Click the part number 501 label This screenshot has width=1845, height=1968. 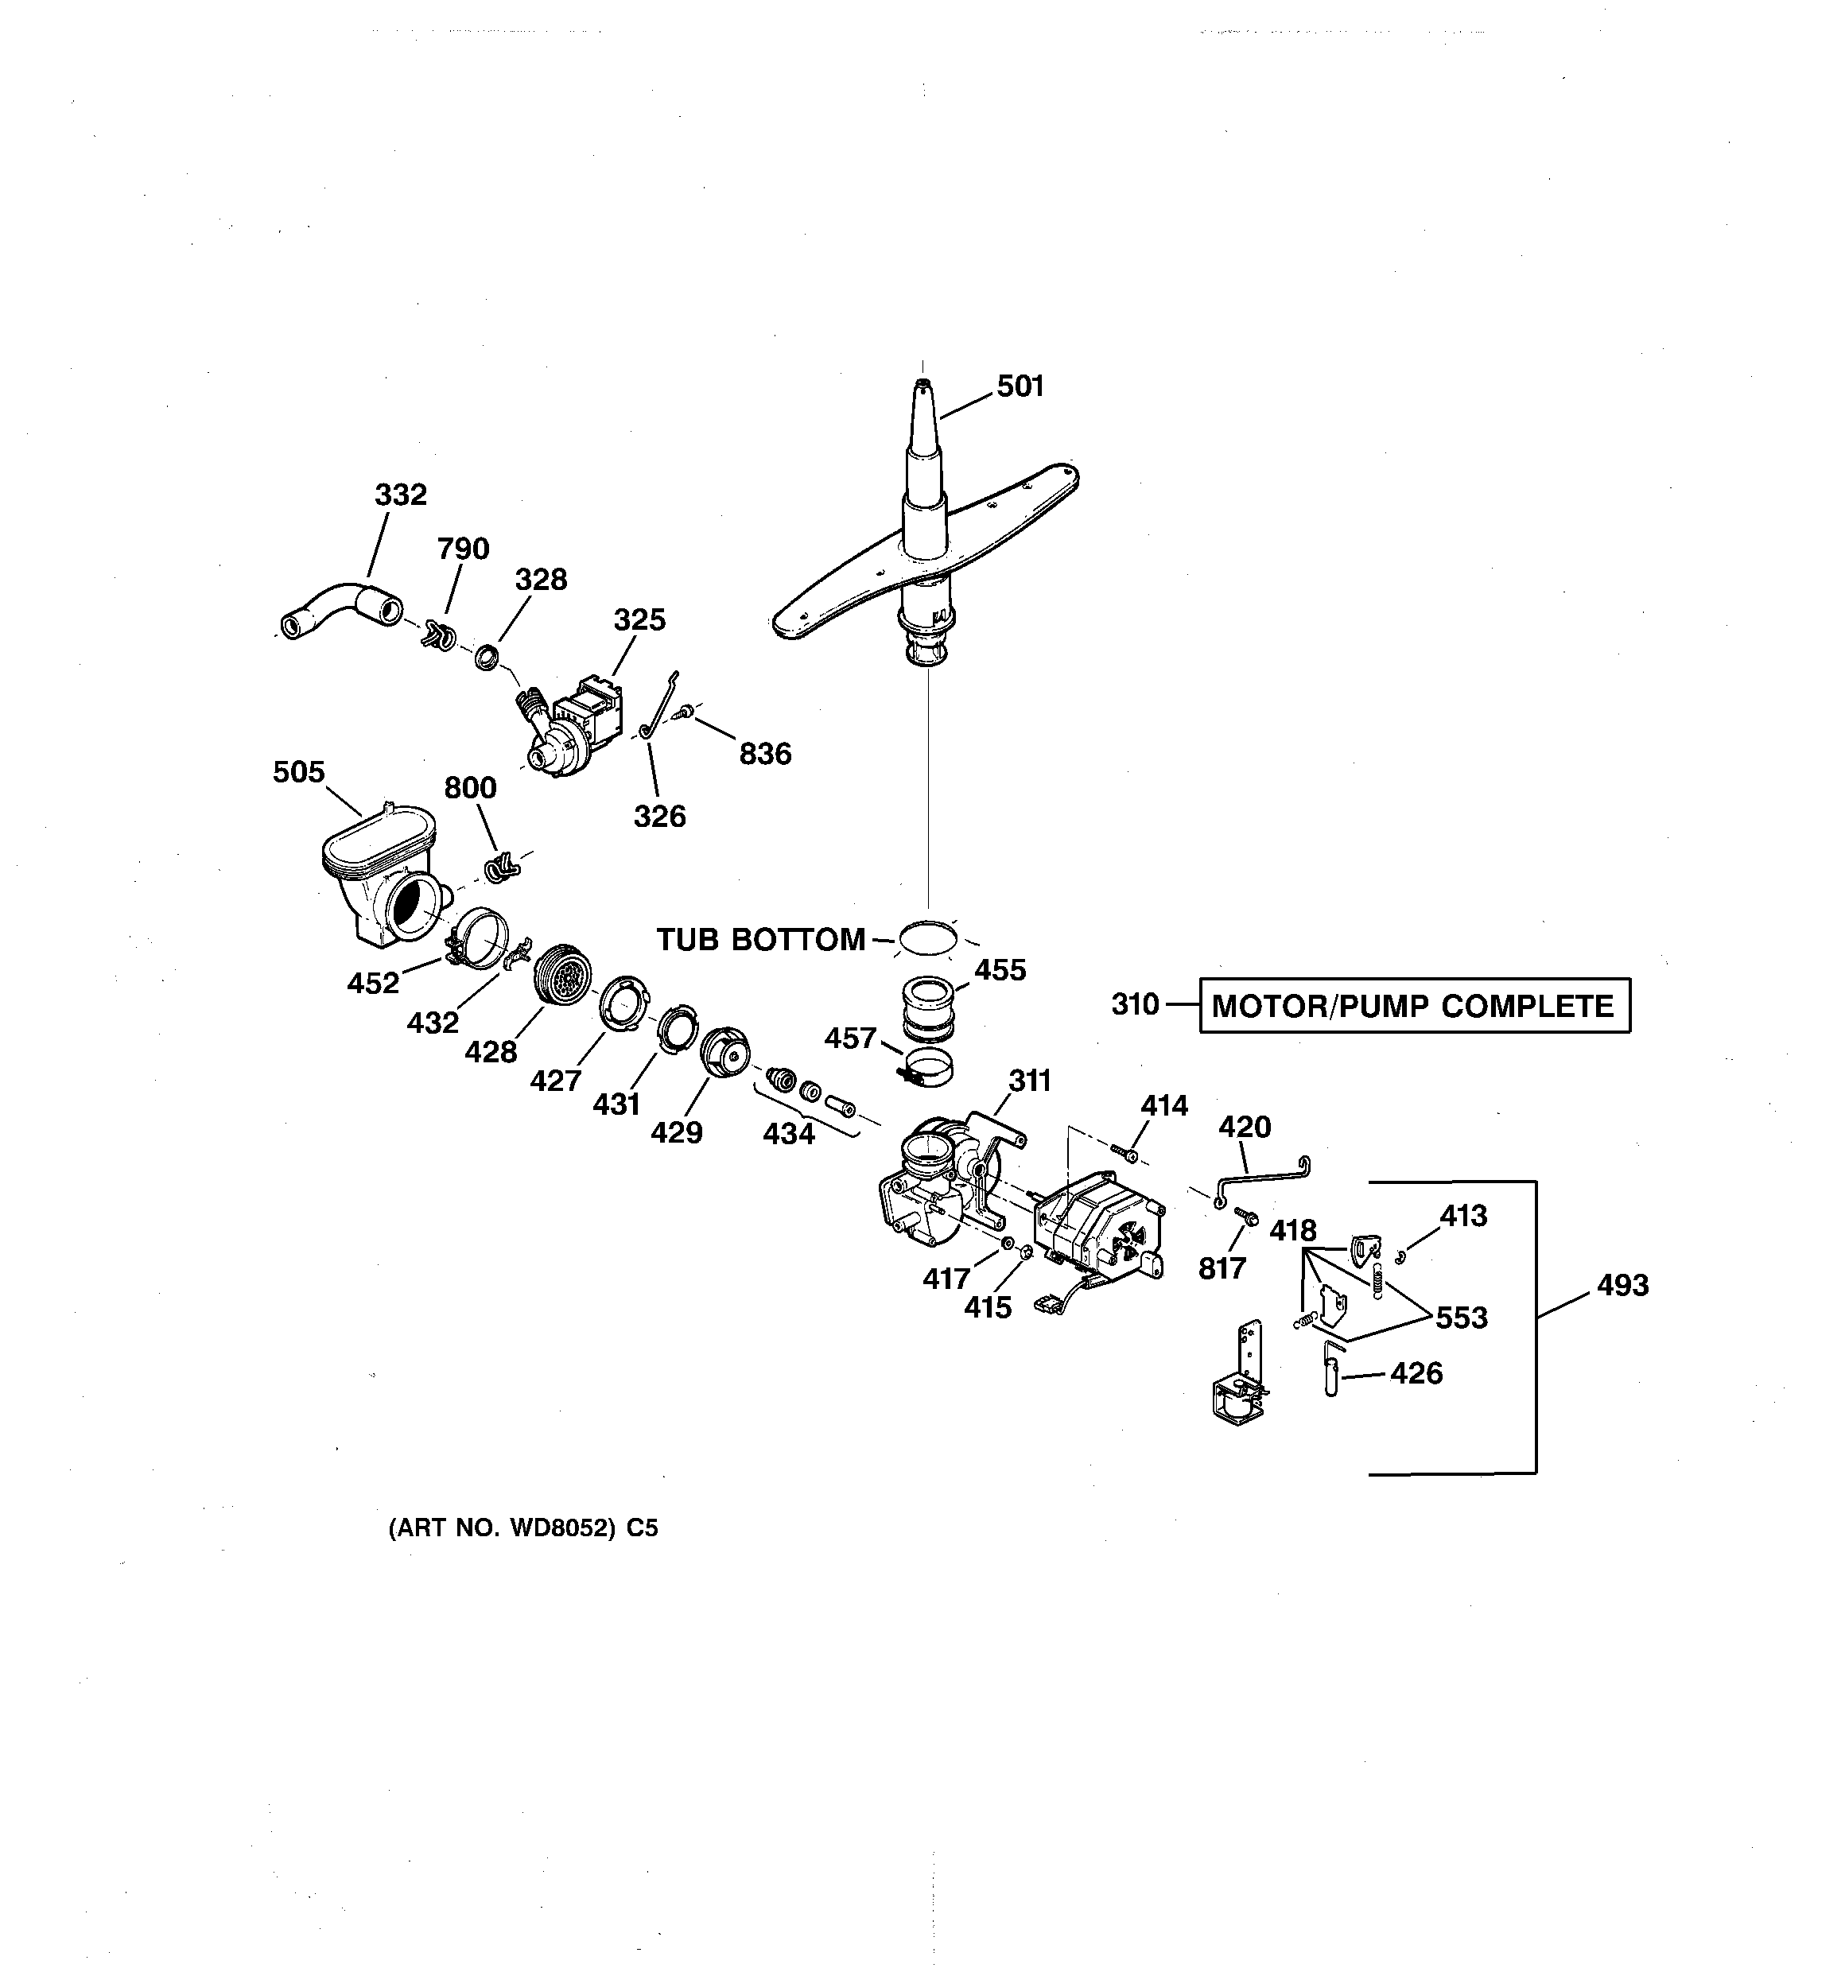[1020, 386]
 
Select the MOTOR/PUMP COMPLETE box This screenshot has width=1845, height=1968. [1414, 1006]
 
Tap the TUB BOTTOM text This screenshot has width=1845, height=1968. [760, 939]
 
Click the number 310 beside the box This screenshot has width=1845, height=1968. [1135, 1005]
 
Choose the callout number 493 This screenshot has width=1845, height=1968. [1622, 1285]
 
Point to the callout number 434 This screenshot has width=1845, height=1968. [788, 1133]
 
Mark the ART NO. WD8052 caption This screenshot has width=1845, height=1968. [522, 1528]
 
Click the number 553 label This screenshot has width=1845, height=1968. [1462, 1318]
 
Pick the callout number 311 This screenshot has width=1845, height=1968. [1030, 1080]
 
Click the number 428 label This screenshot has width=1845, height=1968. [491, 1051]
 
